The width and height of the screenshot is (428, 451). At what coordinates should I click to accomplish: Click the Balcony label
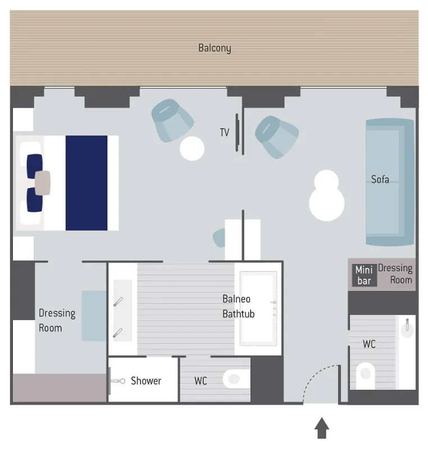[215, 48]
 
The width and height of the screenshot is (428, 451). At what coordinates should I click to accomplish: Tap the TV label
[224, 133]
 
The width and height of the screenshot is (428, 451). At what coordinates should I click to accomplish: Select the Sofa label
[380, 180]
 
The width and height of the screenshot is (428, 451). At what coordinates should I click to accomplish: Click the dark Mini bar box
[364, 275]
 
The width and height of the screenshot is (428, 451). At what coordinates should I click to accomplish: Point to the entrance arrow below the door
[322, 428]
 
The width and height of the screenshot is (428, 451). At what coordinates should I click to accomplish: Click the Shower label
[146, 381]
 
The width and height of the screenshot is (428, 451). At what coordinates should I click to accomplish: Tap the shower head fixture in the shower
[117, 381]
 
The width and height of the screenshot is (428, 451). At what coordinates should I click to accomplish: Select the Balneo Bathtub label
[239, 306]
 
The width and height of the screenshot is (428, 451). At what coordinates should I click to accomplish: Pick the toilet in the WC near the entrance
[365, 375]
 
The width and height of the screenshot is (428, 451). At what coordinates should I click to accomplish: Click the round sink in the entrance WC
[407, 329]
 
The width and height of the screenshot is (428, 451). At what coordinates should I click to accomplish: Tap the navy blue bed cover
[86, 183]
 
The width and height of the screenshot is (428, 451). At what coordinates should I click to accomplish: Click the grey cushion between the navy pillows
[43, 183]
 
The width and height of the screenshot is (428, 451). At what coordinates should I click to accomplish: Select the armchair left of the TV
[172, 121]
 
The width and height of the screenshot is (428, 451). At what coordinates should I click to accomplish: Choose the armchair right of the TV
[277, 137]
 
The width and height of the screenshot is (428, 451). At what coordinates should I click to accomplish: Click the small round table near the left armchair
[192, 148]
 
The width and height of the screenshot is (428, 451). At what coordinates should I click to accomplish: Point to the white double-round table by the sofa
[326, 195]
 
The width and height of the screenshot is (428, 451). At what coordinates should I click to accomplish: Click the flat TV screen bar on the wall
[237, 133]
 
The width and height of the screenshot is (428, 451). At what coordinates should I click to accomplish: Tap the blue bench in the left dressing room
[94, 316]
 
